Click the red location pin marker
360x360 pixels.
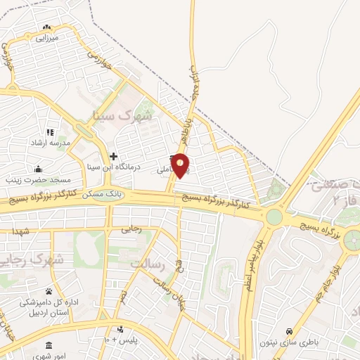point(181,165)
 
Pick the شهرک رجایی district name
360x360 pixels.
point(32,259)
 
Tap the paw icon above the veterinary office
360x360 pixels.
point(49,291)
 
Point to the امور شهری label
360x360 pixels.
point(49,357)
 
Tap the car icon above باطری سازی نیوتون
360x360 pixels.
point(289,330)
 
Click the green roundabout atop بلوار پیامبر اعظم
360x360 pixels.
point(274,217)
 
